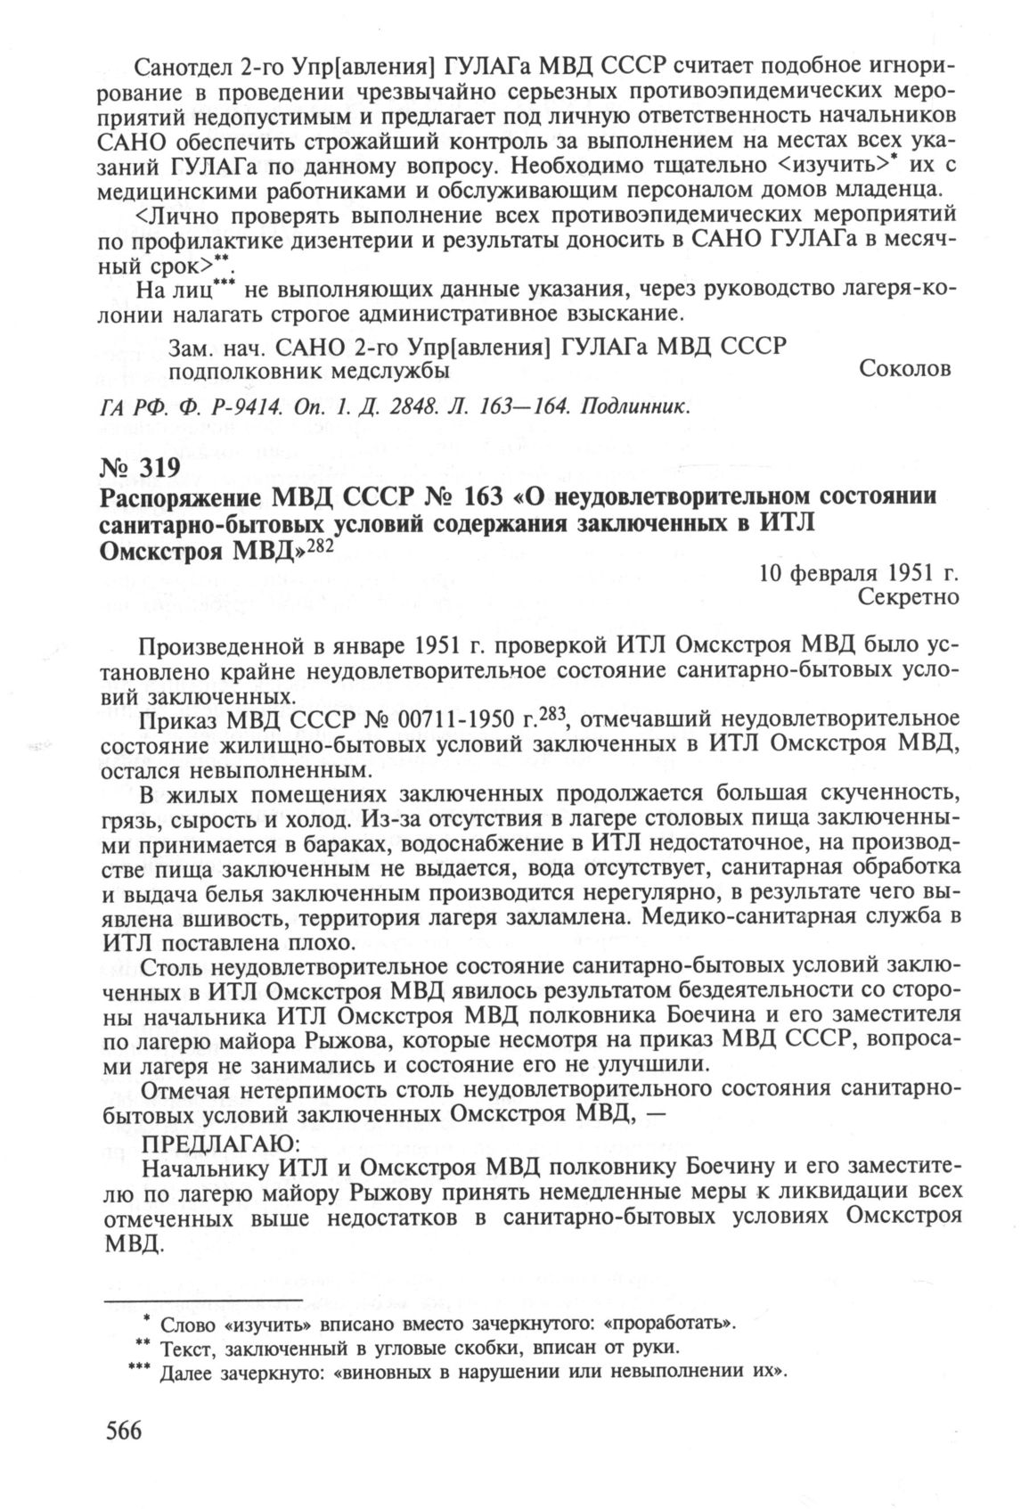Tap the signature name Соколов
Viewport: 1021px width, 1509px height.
(905, 368)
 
